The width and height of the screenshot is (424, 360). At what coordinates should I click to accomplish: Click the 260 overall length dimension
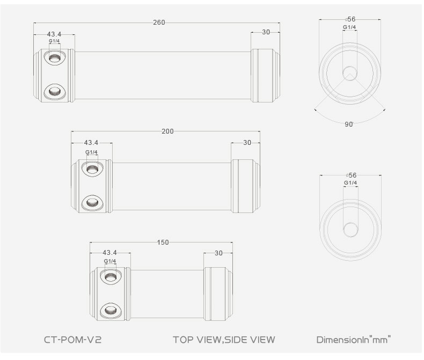pyautogui.click(x=159, y=23)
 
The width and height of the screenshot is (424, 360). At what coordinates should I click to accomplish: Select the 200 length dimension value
pyautogui.click(x=167, y=131)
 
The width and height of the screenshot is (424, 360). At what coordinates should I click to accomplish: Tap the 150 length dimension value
pyautogui.click(x=163, y=243)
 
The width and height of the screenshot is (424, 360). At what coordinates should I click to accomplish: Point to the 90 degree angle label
pyautogui.click(x=349, y=124)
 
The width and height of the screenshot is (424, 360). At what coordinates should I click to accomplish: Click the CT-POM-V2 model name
pyautogui.click(x=73, y=340)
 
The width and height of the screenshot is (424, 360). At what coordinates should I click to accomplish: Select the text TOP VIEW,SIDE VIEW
pyautogui.click(x=224, y=340)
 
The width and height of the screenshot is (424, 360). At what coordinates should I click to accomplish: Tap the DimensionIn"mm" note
pyautogui.click(x=354, y=340)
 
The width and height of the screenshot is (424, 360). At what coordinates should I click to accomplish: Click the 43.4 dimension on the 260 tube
pyautogui.click(x=54, y=34)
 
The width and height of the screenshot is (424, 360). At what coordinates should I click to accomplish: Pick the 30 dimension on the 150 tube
pyautogui.click(x=218, y=253)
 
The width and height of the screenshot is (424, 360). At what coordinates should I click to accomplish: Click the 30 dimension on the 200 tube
pyautogui.click(x=247, y=143)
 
